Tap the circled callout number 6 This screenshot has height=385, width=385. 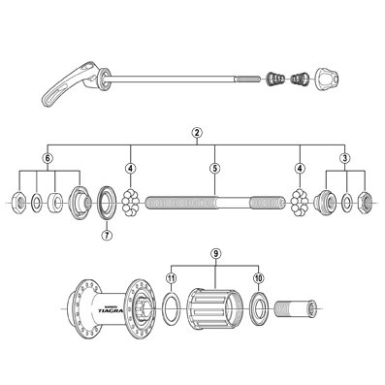tap(47, 158)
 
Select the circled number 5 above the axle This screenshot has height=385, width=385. tap(214, 168)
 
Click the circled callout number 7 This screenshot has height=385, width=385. tap(107, 235)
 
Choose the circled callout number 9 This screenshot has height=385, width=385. tap(215, 254)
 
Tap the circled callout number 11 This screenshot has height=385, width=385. tap(171, 278)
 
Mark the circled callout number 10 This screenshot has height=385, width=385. tap(259, 278)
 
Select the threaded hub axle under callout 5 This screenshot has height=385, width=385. tap(214, 202)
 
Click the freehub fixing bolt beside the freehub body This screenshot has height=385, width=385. tap(297, 311)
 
